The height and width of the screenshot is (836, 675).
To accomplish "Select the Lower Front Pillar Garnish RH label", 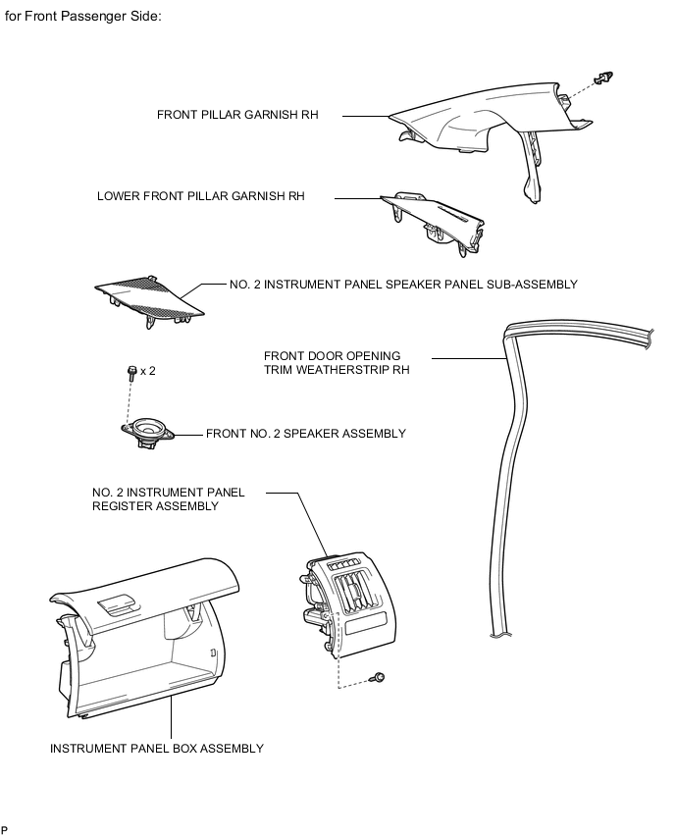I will tap(201, 196).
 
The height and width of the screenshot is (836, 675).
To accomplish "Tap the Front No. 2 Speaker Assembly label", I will tap(305, 433).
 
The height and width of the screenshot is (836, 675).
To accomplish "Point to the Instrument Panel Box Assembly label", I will tap(157, 749).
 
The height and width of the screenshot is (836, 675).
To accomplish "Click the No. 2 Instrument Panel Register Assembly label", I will tap(169, 499).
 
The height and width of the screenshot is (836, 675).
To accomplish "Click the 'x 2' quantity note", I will tap(148, 371).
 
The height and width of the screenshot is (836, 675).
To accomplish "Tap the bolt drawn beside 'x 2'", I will tap(131, 372).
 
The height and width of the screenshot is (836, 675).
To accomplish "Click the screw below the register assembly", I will tap(379, 677).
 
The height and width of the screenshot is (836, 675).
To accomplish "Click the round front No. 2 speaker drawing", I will tap(148, 431).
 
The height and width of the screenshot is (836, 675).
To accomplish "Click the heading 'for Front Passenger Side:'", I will tap(83, 18).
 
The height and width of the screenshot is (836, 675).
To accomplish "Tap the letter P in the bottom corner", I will tap(5, 830).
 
